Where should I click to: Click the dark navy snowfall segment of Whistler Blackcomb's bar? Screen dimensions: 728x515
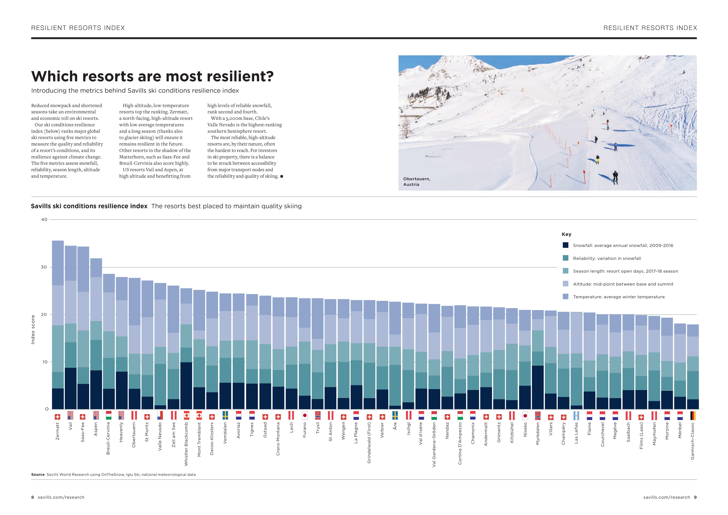[186, 386]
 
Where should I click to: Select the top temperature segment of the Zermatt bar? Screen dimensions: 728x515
[58, 263]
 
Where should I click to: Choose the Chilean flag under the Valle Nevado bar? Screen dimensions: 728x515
[160, 415]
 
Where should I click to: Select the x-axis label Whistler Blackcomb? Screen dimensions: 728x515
[186, 444]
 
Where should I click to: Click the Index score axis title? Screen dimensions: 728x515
[33, 329]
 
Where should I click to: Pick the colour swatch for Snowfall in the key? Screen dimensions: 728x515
[565, 245]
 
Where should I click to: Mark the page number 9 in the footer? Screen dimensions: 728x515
[695, 497]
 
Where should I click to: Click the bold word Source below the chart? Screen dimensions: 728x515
[38, 474]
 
